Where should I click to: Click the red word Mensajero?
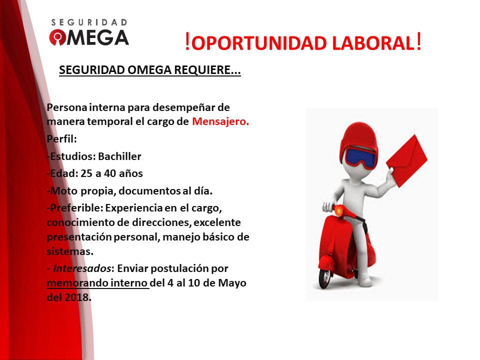220,121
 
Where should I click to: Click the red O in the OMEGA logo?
57,37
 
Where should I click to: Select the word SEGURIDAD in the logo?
89,22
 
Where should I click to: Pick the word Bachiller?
120,156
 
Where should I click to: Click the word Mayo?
232,283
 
